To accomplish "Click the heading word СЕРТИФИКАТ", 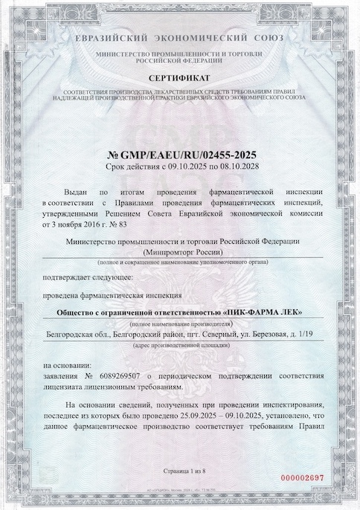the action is tap(179, 77).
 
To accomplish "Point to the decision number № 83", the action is tap(110, 222).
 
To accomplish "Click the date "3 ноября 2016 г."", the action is tap(75, 222).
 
